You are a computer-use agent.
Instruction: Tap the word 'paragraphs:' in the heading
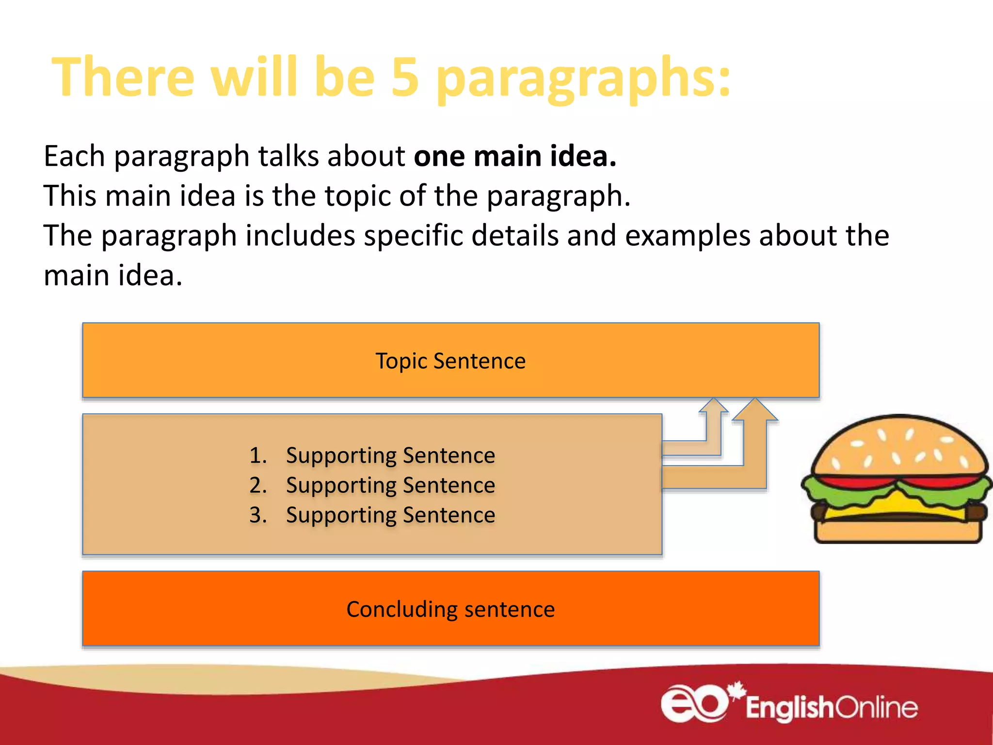[583, 80]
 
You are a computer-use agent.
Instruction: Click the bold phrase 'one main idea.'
[515, 156]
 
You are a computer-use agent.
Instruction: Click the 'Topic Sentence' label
[450, 361]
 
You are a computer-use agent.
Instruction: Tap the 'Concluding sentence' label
[450, 609]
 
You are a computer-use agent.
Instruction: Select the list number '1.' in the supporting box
[258, 455]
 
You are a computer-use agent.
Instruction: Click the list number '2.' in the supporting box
[258, 486]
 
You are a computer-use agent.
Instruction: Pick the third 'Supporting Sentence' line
[390, 515]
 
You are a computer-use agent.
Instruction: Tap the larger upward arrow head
[755, 410]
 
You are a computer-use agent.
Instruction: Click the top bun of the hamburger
[899, 446]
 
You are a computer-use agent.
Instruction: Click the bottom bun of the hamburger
[897, 532]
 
